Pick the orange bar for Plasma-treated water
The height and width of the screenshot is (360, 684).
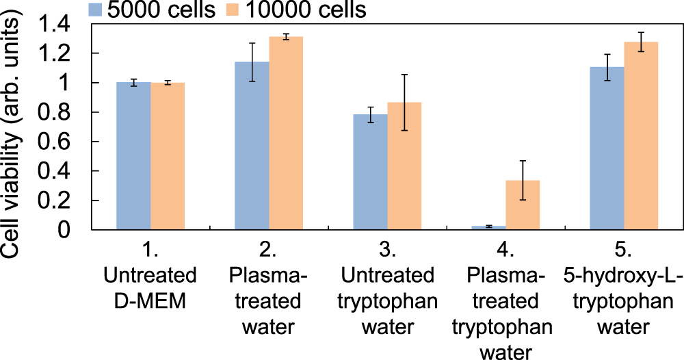tap(286, 133)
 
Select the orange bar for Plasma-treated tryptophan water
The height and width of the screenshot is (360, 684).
tap(523, 205)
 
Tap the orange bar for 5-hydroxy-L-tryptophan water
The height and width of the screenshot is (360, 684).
tap(641, 136)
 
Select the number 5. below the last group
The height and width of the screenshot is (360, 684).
tap(624, 250)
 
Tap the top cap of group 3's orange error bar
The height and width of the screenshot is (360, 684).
tap(404, 75)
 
